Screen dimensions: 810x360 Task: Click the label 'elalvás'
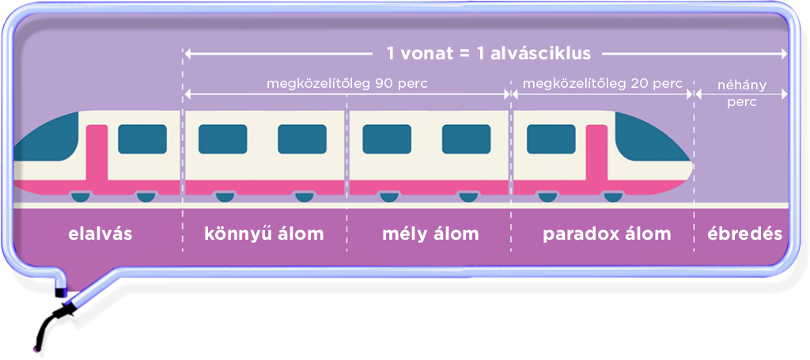coord(100,234)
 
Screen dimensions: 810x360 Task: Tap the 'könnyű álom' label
coord(264,234)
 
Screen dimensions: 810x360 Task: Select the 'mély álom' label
coord(430,234)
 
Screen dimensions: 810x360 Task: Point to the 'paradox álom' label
coord(607,234)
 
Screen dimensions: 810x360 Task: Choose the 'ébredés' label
coord(745,234)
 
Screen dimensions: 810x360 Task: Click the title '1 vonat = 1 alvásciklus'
coord(489,54)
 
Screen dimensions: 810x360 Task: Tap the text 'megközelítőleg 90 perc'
coord(347,84)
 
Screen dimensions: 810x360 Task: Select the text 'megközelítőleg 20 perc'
coord(602,84)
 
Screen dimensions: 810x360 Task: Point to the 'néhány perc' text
coord(742,93)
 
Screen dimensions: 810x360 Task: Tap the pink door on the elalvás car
coord(97,155)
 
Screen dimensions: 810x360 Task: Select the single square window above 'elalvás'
coord(142,139)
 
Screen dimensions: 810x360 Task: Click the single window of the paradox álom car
coord(551,139)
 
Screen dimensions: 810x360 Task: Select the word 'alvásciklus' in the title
coord(540,54)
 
